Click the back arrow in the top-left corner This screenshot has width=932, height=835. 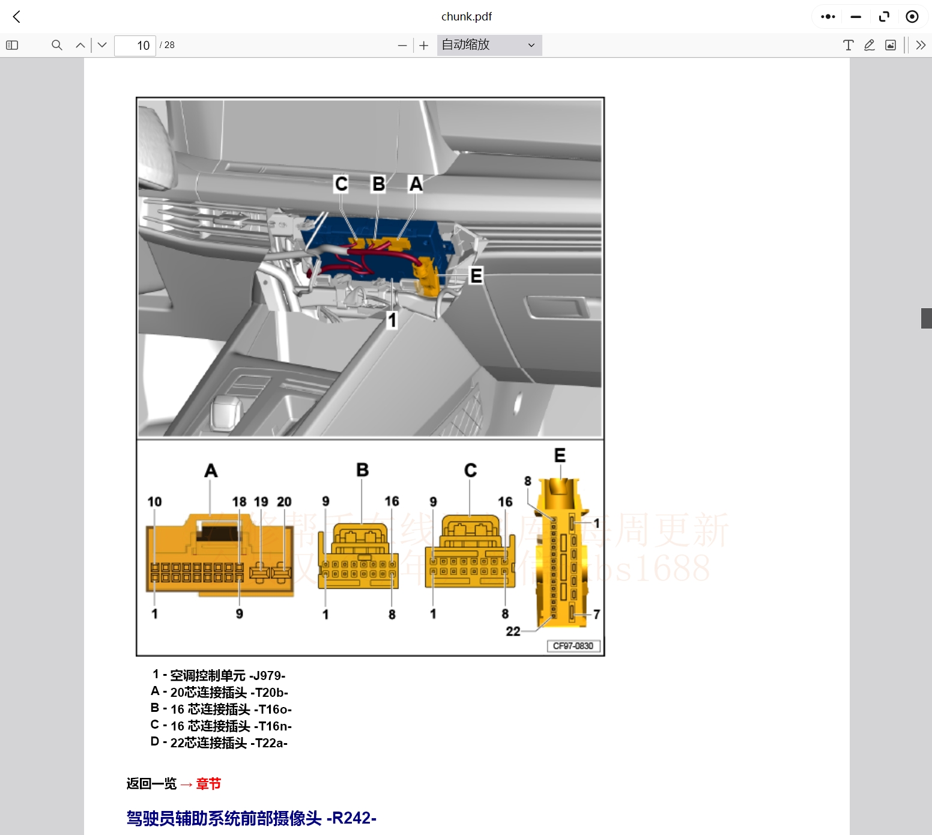coord(17,17)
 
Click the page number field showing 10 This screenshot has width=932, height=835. coord(135,46)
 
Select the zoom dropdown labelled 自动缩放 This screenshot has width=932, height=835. coord(489,45)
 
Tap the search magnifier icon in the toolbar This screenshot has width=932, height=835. coord(57,45)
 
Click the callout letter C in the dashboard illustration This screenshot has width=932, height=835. coord(341,183)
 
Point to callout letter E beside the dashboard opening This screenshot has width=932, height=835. coord(476,276)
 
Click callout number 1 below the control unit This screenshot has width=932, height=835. coord(392,320)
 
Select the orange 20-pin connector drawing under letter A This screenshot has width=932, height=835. coord(220,556)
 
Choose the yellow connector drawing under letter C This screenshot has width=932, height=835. coord(470,553)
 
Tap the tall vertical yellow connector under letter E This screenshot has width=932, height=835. coord(563,553)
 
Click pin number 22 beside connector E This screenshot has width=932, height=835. coord(513,631)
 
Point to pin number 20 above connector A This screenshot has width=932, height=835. coord(284,502)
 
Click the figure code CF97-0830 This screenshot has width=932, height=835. coord(573,646)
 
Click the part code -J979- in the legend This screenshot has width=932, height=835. coord(267,676)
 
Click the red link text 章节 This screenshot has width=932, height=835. coord(208,784)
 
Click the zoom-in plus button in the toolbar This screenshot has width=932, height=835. coord(424,46)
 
